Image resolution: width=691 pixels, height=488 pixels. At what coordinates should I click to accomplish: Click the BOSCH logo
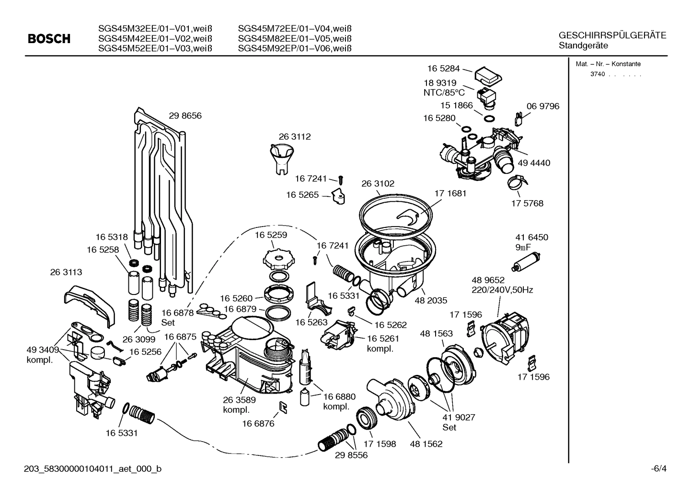[49, 39]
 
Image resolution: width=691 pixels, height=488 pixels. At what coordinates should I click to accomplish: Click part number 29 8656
[185, 115]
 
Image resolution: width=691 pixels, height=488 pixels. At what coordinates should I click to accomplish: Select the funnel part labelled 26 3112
[281, 158]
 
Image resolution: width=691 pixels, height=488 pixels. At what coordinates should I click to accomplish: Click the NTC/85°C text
[444, 92]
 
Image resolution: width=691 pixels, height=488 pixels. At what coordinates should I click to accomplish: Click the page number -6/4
[658, 468]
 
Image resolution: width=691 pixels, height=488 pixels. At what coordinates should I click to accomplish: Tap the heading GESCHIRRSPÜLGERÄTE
[612, 35]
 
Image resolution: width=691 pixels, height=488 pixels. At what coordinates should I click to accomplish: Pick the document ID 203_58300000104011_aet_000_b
[92, 468]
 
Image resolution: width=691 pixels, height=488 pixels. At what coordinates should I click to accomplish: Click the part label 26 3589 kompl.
[239, 405]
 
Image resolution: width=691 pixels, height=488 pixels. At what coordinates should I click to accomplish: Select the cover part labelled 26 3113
[90, 302]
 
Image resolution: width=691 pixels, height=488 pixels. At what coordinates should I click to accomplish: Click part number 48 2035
[431, 300]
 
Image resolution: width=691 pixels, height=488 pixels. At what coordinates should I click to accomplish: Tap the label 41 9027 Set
[459, 422]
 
